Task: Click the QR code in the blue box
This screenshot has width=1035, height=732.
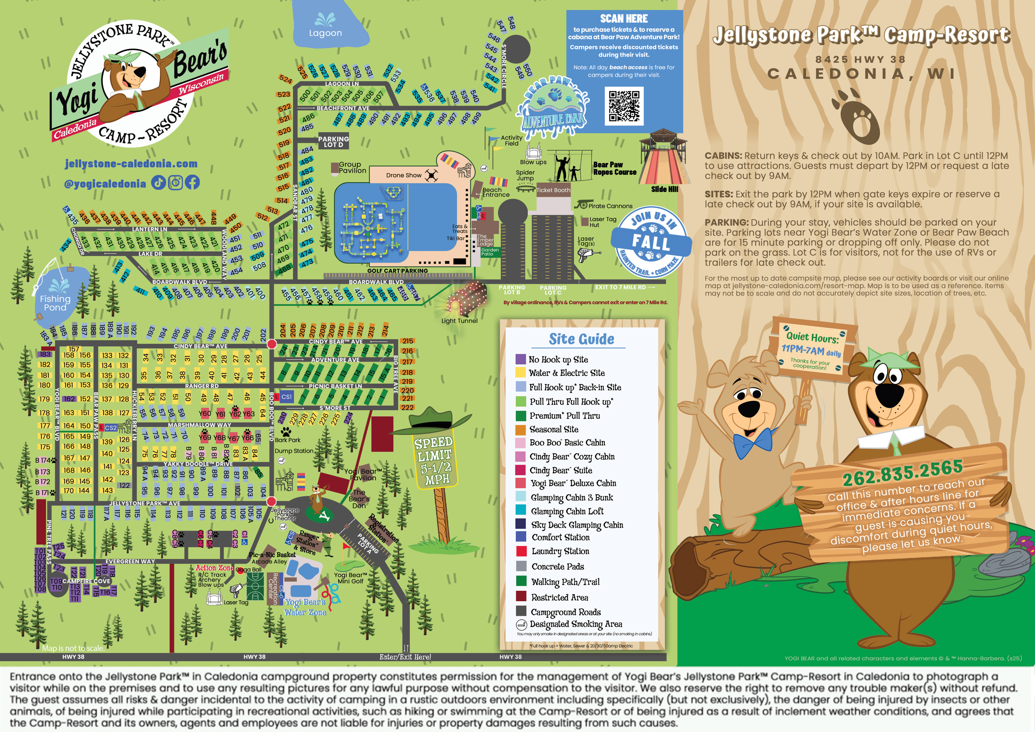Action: point(624,106)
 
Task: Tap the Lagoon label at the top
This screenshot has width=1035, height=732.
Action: point(325,33)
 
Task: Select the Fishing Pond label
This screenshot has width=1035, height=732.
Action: point(55,303)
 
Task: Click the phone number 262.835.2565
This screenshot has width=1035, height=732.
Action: point(903,472)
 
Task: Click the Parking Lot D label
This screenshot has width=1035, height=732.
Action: point(333,142)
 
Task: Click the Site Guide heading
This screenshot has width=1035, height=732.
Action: point(581,339)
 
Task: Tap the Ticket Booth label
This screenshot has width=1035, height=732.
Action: point(553,190)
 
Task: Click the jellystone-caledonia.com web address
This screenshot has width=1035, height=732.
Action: point(131,164)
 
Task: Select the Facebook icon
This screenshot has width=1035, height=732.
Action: point(193,183)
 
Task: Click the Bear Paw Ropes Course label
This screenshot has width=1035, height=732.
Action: point(614,168)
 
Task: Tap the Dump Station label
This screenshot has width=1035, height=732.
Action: point(294,451)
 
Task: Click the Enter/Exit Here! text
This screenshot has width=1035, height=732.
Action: point(405,657)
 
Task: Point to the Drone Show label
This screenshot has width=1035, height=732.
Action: point(404,175)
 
